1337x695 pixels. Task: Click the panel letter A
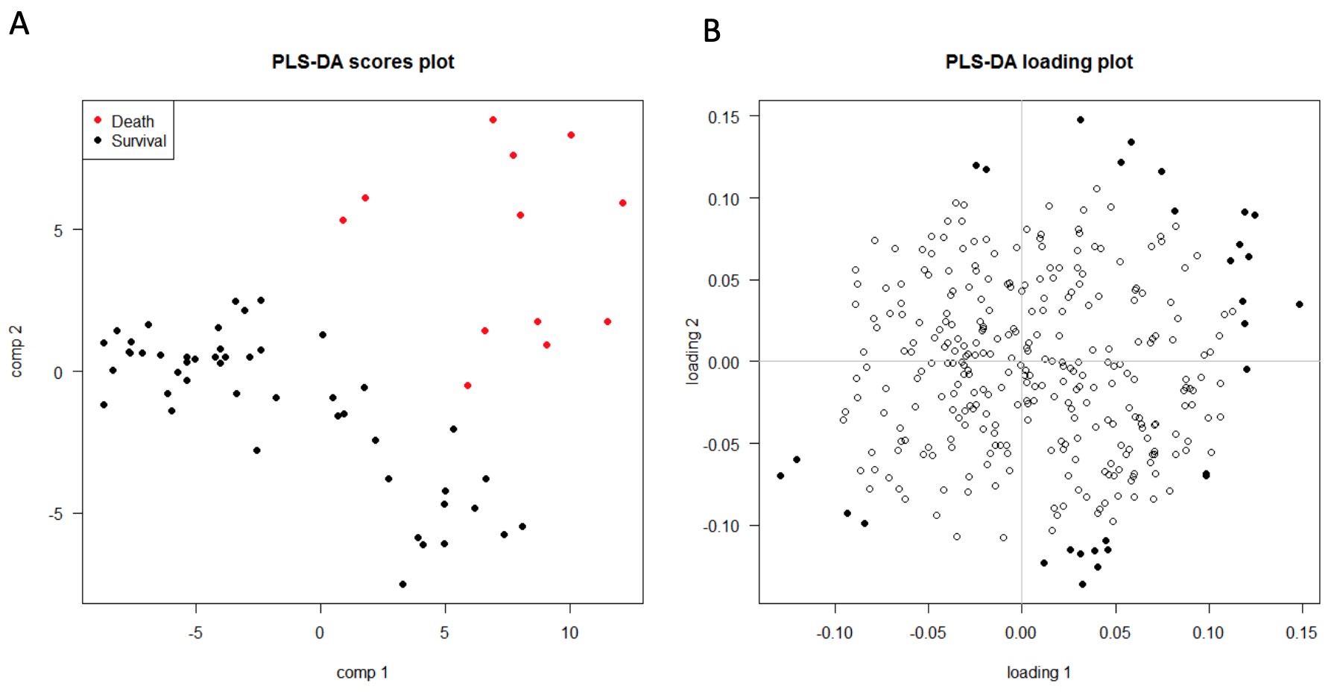tap(19, 24)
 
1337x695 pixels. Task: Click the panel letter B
tap(712, 31)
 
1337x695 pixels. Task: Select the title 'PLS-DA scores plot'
tap(363, 62)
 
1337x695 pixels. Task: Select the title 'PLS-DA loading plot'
tap(1039, 62)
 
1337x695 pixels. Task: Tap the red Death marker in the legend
tap(98, 120)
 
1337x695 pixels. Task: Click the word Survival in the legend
tap(139, 141)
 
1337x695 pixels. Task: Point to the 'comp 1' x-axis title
tap(362, 673)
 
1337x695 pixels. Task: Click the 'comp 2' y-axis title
tap(16, 351)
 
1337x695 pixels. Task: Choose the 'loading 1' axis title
tap(1039, 673)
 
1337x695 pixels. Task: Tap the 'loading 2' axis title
tap(693, 351)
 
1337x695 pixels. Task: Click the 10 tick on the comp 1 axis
tap(569, 633)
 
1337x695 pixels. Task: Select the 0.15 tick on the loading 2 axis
tap(723, 117)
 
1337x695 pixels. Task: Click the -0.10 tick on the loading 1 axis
tap(834, 633)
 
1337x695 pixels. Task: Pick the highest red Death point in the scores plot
tap(493, 120)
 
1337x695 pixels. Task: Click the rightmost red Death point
tap(622, 203)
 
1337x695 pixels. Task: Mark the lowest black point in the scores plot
tap(402, 584)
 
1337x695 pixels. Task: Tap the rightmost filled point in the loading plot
tap(1300, 304)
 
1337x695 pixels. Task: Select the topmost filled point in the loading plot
tap(1080, 120)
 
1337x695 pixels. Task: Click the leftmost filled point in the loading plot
tap(780, 476)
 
